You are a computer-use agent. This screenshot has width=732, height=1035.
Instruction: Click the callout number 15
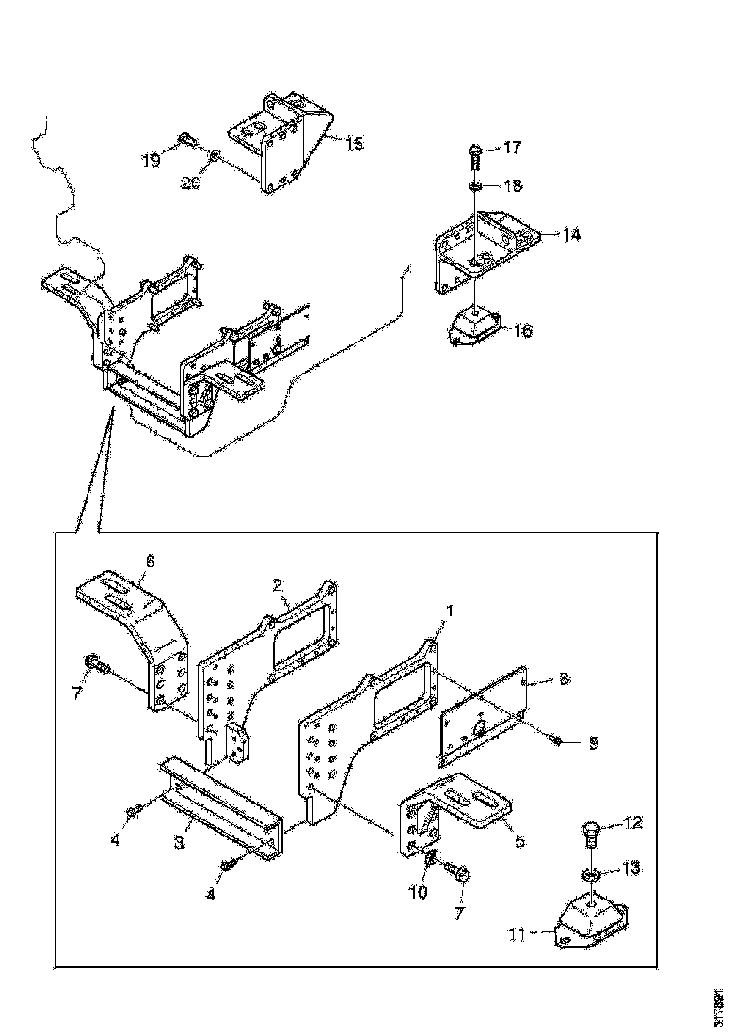[354, 144]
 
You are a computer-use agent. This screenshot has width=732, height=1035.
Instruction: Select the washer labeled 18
[477, 185]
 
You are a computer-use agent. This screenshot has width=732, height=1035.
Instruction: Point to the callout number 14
[572, 234]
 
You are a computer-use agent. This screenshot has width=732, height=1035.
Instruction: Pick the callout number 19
[151, 161]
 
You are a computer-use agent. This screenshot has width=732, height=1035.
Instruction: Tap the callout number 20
[191, 184]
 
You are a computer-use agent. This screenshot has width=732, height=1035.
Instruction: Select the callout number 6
[149, 562]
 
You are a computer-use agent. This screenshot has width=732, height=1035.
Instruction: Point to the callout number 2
[278, 584]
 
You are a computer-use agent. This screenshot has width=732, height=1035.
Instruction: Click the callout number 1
[450, 611]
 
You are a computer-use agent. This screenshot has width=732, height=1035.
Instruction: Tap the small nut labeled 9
[557, 741]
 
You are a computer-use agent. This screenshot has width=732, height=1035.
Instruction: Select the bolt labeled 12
[590, 832]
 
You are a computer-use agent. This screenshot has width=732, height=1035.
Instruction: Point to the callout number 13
[631, 868]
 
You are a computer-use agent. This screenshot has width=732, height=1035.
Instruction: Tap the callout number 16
[523, 330]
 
